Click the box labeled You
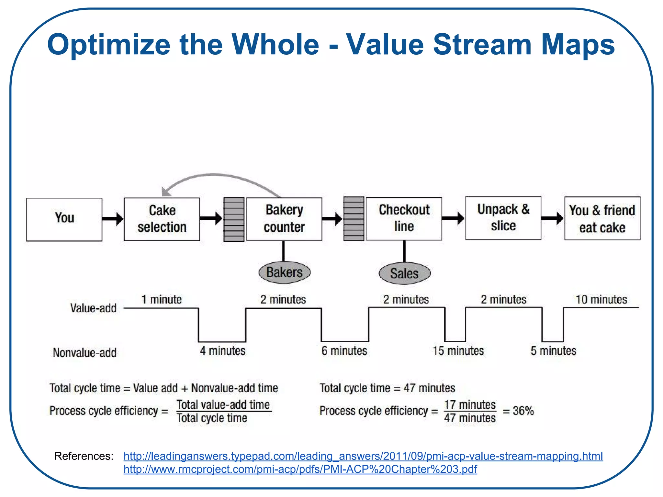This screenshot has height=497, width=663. pyautogui.click(x=64, y=219)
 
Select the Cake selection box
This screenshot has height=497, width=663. pyautogui.click(x=162, y=219)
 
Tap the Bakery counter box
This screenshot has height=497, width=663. pyautogui.click(x=284, y=219)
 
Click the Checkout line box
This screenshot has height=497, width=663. pyautogui.click(x=404, y=218)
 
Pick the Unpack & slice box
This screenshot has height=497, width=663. pyautogui.click(x=503, y=218)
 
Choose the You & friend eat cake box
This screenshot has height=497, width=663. pyautogui.click(x=602, y=218)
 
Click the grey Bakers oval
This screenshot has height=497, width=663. pyautogui.click(x=285, y=272)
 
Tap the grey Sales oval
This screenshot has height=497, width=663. pyautogui.click(x=404, y=273)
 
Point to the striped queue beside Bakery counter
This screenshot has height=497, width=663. pyautogui.click(x=234, y=219)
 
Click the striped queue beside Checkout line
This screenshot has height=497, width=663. pyautogui.click(x=354, y=219)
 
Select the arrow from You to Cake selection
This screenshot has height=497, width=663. pyautogui.click(x=113, y=219)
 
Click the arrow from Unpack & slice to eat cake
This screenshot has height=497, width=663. pyautogui.click(x=552, y=218)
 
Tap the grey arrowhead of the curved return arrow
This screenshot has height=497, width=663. pyautogui.click(x=166, y=192)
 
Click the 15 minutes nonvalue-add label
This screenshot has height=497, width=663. pyautogui.click(x=458, y=351)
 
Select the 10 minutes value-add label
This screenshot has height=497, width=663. pyautogui.click(x=601, y=299)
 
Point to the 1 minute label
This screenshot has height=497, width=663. pyautogui.click(x=162, y=299)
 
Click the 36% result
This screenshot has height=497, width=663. pyautogui.click(x=523, y=411)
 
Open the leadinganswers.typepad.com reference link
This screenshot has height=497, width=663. pyautogui.click(x=363, y=456)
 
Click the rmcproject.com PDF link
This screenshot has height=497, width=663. pyautogui.click(x=300, y=469)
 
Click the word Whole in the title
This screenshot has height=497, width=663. pyautogui.click(x=275, y=45)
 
